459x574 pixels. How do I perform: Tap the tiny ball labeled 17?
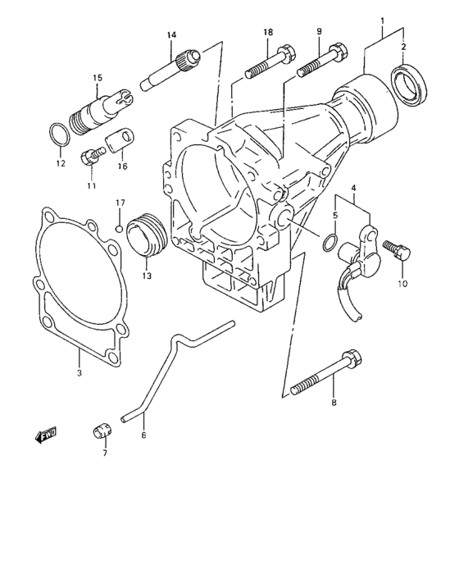(120, 227)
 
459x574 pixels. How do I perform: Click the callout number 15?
(97, 78)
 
